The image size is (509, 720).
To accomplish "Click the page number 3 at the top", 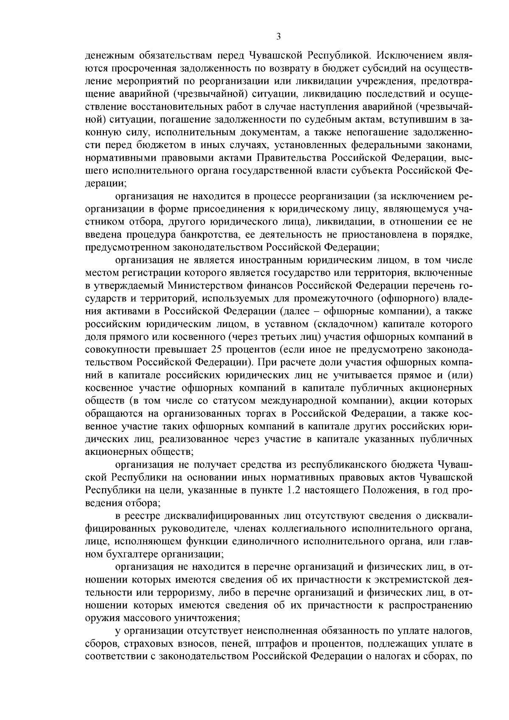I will click(278, 36).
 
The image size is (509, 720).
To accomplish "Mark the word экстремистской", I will click(416, 580).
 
